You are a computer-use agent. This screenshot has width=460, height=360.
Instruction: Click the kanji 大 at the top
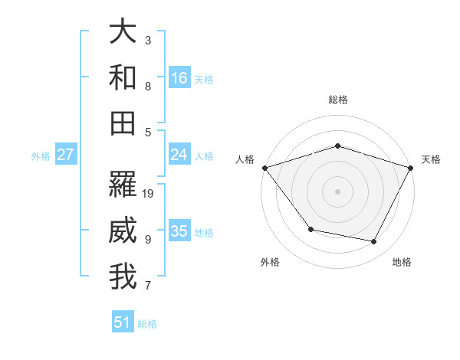point(123,31)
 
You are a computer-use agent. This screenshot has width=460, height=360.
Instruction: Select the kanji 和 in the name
point(123,77)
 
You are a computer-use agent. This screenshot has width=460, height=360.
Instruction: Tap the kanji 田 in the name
point(123,123)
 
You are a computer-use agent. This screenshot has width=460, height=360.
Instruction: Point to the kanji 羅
point(123,184)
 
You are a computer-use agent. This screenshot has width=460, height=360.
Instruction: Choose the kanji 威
point(123,230)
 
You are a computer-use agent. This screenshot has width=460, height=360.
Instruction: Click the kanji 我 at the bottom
point(123,277)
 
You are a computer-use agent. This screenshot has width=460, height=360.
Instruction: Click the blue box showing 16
point(179,77)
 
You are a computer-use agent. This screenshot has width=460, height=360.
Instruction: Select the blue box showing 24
point(179,155)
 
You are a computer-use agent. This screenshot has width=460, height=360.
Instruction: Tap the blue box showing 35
point(179,231)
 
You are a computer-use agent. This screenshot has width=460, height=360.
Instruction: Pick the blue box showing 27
point(66,155)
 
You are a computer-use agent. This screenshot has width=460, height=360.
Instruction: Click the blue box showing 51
point(123,322)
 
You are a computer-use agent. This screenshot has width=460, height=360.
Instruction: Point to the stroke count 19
point(149,193)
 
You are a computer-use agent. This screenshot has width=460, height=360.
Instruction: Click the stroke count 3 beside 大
point(148,40)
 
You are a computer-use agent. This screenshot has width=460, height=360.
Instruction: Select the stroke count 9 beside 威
point(148,239)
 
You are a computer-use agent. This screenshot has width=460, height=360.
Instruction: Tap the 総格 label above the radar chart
point(337,100)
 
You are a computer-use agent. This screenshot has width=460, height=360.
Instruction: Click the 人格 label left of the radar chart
point(245,159)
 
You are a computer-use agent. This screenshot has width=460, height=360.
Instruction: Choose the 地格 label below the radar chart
point(402,262)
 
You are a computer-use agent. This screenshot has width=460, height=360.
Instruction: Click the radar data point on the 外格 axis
point(310,229)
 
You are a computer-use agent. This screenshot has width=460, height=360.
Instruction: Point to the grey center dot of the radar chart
point(337,191)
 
